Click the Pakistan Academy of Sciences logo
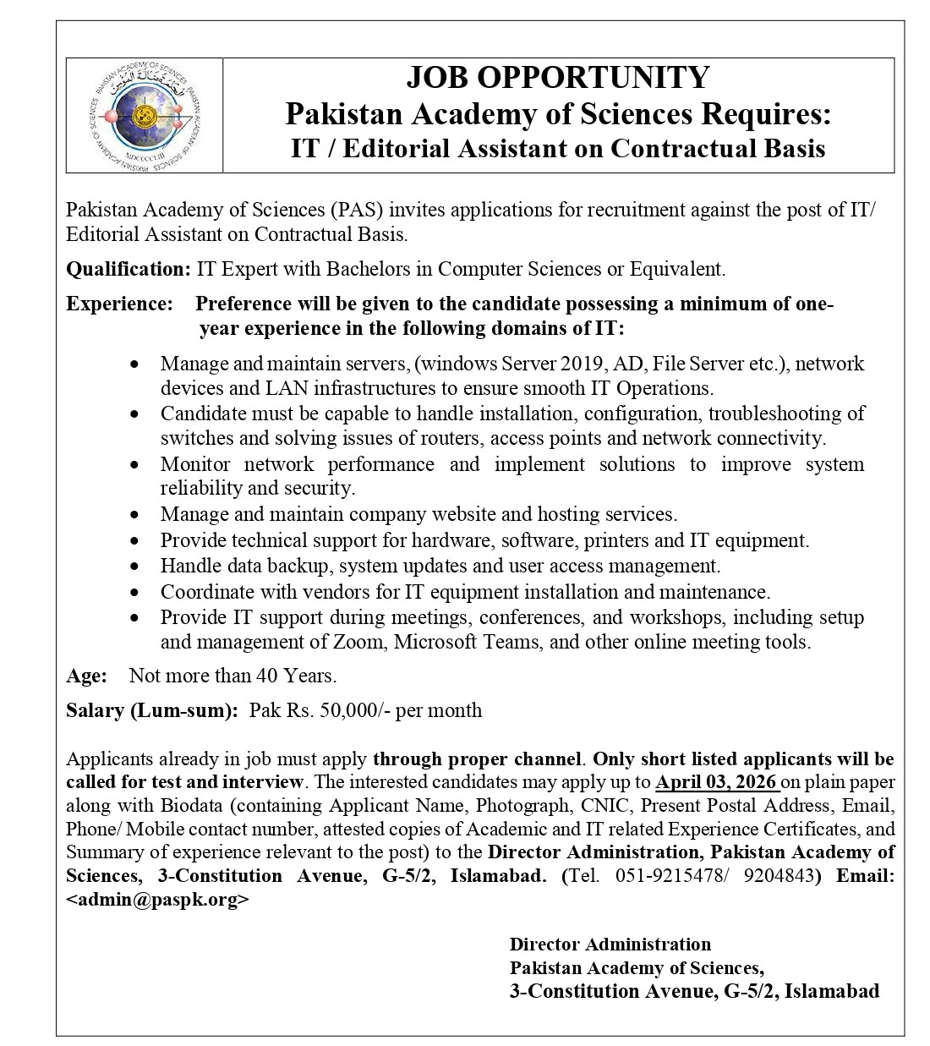[145, 116]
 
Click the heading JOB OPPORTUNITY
[558, 77]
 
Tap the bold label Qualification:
[129, 270]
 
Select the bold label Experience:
[119, 304]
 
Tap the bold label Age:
[86, 676]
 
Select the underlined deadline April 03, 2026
[716, 781]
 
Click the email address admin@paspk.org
[157, 900]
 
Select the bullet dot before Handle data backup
[136, 567]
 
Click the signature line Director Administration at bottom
[610, 945]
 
